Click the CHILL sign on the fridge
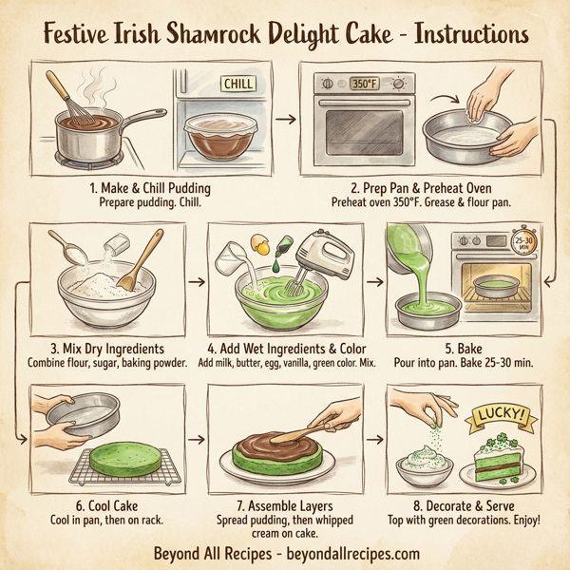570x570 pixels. (237, 85)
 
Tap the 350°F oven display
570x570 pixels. (364, 83)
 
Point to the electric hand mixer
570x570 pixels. (318, 255)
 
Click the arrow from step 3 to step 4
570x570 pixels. (196, 281)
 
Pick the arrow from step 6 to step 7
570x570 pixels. (196, 439)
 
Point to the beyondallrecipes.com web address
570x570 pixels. (344, 552)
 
